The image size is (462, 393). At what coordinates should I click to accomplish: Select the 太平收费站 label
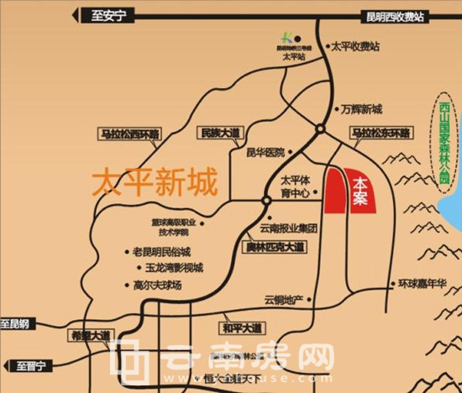point(356,47)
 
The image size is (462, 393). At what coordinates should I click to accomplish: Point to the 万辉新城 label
point(362,109)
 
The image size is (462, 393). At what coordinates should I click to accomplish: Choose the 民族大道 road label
point(220,133)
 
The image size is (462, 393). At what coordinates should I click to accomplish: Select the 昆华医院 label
point(265,152)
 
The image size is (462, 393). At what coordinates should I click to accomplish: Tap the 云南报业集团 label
point(289,228)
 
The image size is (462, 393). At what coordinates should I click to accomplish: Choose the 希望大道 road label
point(89,334)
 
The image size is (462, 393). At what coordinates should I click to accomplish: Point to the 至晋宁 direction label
point(31,365)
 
